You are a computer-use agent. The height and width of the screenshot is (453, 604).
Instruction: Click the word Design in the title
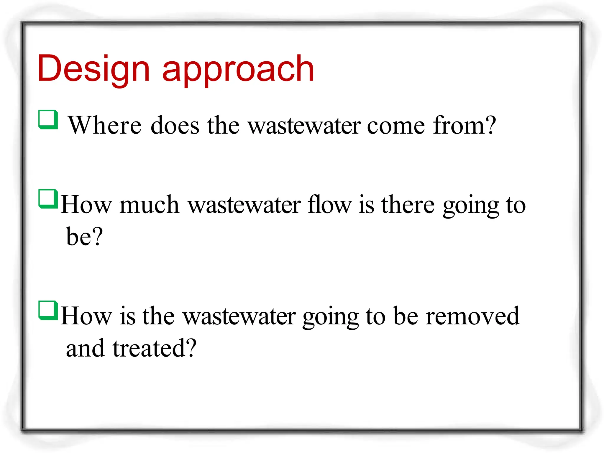94,68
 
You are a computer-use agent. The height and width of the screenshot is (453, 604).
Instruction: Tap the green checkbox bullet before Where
48,119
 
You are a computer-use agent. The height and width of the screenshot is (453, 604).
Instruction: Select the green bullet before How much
48,198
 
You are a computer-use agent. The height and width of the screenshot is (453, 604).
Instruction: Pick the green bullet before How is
48,310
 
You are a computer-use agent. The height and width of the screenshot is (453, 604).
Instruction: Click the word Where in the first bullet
105,125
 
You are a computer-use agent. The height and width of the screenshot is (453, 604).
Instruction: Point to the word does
175,125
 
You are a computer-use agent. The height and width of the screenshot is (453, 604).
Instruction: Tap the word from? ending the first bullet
465,125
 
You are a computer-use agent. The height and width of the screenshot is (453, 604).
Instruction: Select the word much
150,205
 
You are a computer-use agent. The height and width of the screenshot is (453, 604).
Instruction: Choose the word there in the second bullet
408,205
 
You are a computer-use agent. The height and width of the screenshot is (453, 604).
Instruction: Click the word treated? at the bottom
155,348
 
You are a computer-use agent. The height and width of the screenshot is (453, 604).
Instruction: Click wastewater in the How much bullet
244,205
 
